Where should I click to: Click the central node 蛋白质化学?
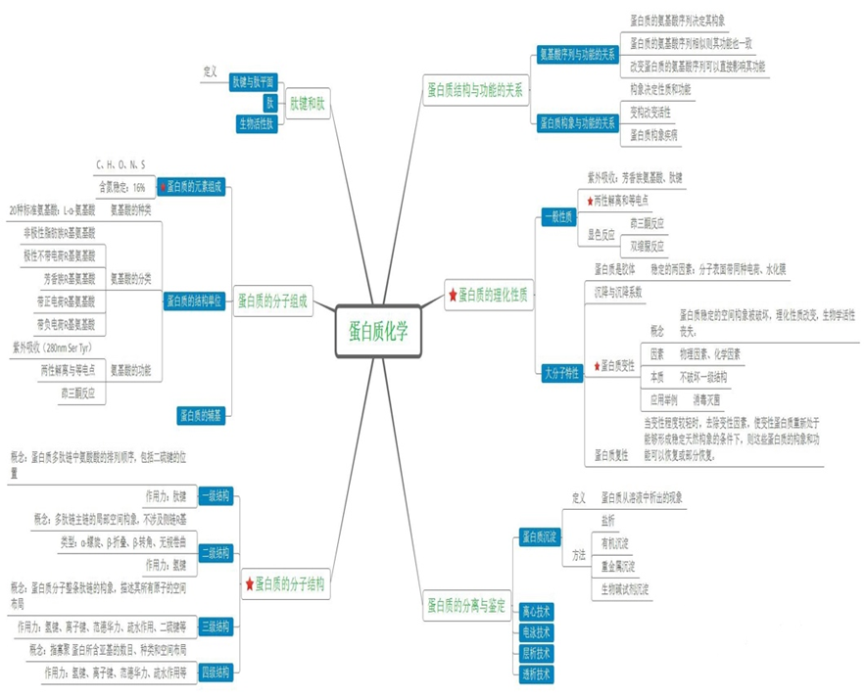pyautogui.click(x=378, y=329)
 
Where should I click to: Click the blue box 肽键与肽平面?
pyautogui.click(x=253, y=80)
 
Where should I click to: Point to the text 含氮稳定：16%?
pyautogui.click(x=121, y=186)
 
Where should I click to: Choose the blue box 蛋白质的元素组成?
pyautogui.click(x=192, y=185)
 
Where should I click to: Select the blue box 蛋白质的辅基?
pyautogui.click(x=203, y=415)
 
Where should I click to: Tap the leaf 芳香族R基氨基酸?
pyautogui.click(x=63, y=278)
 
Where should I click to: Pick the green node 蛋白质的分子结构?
pyautogui.click(x=286, y=585)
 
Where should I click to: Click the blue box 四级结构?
pyautogui.click(x=216, y=672)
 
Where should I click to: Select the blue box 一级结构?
pyautogui.click(x=216, y=496)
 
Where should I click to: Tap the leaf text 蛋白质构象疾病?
pyautogui.click(x=653, y=133)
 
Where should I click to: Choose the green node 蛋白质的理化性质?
pyautogui.click(x=487, y=294)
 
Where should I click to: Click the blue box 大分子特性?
pyautogui.click(x=561, y=372)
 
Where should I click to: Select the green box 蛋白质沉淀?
pyautogui.click(x=539, y=536)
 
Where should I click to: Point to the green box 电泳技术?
pyautogui.click(x=537, y=631)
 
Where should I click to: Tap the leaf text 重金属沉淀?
pyautogui.click(x=618, y=566)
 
